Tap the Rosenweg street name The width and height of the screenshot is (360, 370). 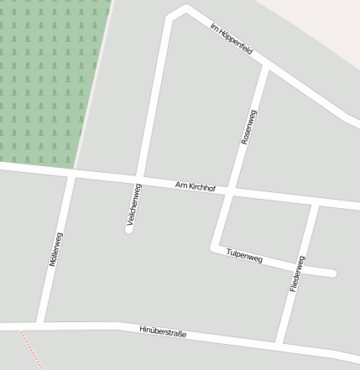[249, 128]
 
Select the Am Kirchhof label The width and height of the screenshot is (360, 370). [196, 186]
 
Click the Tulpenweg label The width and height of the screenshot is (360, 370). [244, 257]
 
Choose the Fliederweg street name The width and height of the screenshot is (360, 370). [297, 274]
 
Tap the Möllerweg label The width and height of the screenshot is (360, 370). [56, 250]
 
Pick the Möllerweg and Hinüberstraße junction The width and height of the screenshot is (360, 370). [39, 324]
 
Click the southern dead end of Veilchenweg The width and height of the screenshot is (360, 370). [129, 228]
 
